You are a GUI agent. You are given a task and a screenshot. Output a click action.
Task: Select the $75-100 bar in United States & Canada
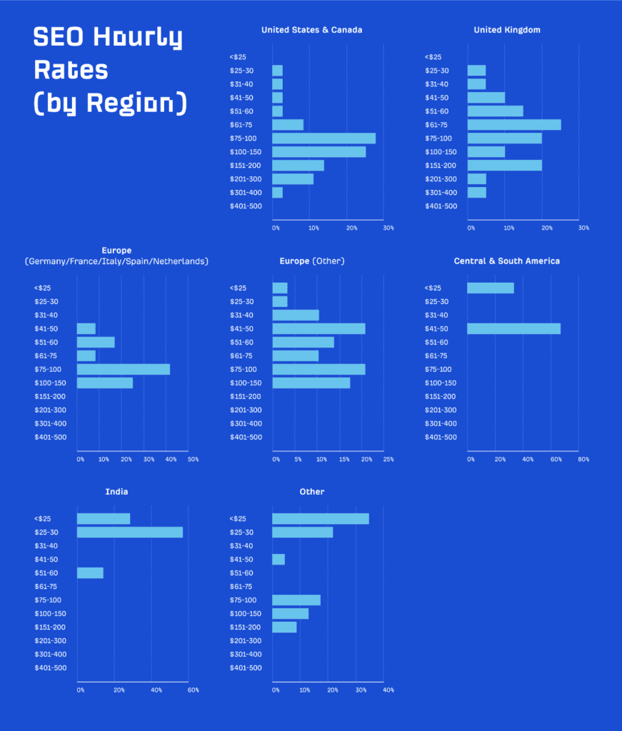(323, 138)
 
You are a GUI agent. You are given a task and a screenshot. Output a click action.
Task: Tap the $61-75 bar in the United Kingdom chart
(513, 125)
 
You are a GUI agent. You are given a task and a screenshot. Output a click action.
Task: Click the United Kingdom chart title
(507, 30)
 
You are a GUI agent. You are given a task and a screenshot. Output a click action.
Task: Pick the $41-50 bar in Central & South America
(513, 329)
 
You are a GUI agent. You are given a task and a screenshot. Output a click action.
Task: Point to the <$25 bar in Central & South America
(490, 288)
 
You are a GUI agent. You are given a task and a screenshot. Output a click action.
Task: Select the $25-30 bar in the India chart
(129, 533)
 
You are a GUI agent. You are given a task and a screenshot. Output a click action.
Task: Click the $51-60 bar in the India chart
(90, 573)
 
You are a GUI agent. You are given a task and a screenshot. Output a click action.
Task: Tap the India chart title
(116, 492)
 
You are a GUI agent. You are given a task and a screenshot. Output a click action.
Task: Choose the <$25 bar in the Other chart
(320, 519)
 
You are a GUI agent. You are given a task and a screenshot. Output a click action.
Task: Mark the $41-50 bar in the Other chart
(279, 560)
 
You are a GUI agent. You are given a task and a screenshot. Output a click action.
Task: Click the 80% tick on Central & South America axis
(583, 459)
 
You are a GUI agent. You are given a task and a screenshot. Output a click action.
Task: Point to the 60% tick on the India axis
(193, 690)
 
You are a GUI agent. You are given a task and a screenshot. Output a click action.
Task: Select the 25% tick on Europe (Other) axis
(388, 459)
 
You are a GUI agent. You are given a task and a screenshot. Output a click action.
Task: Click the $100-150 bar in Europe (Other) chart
(311, 383)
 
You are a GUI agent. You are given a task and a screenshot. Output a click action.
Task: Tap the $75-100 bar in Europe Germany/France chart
(123, 370)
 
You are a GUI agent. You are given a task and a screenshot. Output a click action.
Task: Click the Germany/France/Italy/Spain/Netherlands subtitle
(116, 262)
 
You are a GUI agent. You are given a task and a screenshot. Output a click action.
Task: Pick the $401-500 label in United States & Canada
(246, 206)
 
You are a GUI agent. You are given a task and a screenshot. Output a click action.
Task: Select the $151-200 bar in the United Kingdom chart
(504, 166)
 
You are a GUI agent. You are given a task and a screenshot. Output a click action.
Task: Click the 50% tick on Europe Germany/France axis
(193, 459)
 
